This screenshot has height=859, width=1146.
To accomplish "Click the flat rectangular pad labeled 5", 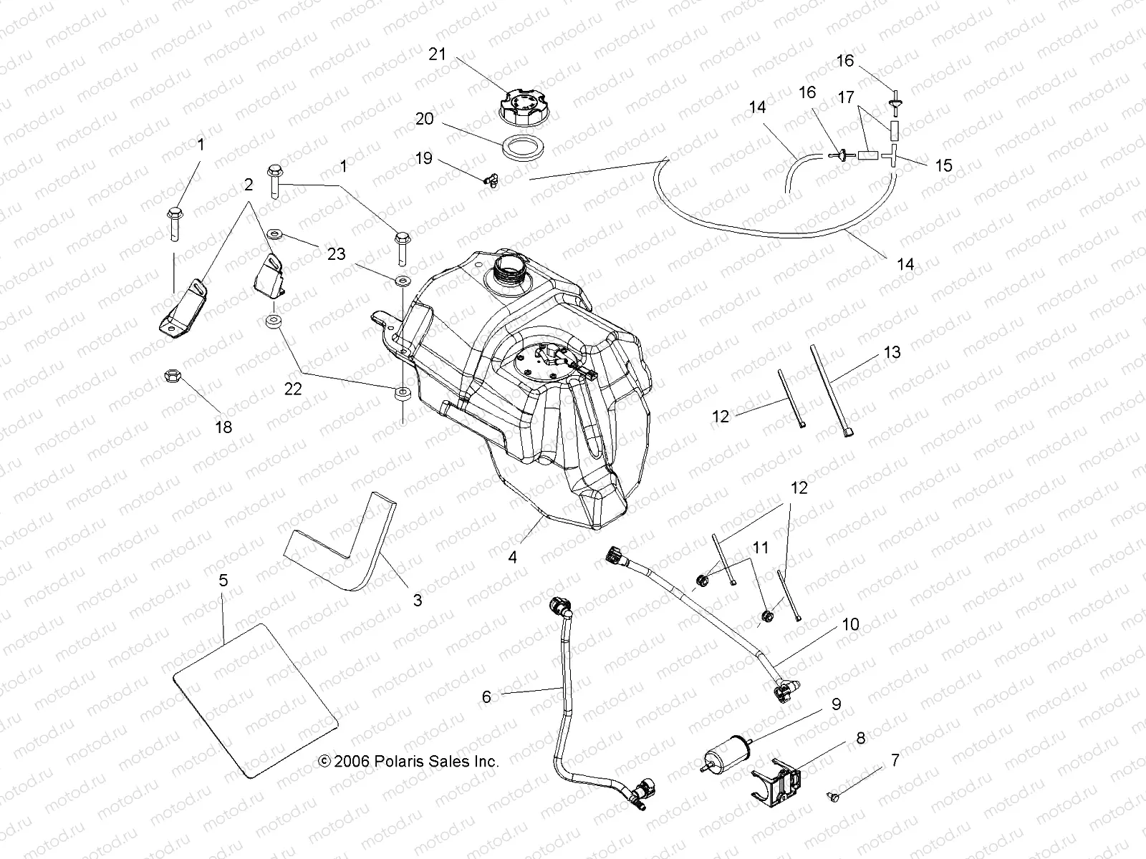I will pyautogui.click(x=254, y=702).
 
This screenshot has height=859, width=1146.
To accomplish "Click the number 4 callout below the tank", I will pyautogui.click(x=513, y=556).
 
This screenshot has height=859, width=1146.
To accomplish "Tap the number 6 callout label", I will pyautogui.click(x=486, y=696).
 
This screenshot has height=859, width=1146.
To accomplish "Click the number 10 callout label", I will pyautogui.click(x=850, y=624).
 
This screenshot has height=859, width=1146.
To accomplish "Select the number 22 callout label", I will pyautogui.click(x=293, y=389).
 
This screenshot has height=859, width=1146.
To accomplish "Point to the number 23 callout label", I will pyautogui.click(x=336, y=254).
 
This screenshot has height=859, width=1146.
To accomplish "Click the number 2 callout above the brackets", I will pyautogui.click(x=249, y=185).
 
